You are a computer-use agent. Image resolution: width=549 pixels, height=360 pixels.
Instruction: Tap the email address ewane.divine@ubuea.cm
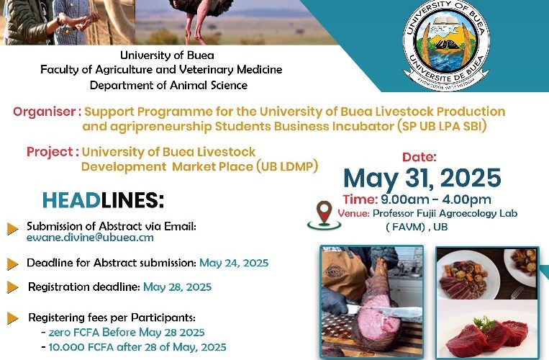[90, 238]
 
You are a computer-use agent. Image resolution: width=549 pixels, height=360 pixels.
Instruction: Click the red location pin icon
[325, 215]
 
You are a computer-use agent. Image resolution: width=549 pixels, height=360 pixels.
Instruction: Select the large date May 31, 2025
[422, 178]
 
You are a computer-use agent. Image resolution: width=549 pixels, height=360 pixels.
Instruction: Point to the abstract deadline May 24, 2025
[234, 263]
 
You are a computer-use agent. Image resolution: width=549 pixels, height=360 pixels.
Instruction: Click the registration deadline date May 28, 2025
[178, 287]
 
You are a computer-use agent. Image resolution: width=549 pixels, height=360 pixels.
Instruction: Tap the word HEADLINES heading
[103, 200]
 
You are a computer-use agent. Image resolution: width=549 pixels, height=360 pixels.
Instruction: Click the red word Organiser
[44, 112]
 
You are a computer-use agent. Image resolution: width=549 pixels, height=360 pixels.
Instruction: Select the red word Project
[50, 152]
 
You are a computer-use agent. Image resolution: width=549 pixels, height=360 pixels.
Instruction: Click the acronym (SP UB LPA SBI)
[442, 126]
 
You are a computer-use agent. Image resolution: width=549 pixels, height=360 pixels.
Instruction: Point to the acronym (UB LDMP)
[287, 166]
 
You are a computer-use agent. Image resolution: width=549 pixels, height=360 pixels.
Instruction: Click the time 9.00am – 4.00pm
[436, 199]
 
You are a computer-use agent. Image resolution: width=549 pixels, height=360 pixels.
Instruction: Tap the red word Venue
[353, 213]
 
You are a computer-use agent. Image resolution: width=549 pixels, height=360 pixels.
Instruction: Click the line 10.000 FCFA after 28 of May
[137, 347]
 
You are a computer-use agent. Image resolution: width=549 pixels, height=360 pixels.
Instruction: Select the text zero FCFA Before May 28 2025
[127, 332]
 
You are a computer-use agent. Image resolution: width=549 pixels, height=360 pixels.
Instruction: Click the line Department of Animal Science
[168, 85]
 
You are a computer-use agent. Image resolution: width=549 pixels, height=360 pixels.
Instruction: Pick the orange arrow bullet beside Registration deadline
[13, 287]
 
